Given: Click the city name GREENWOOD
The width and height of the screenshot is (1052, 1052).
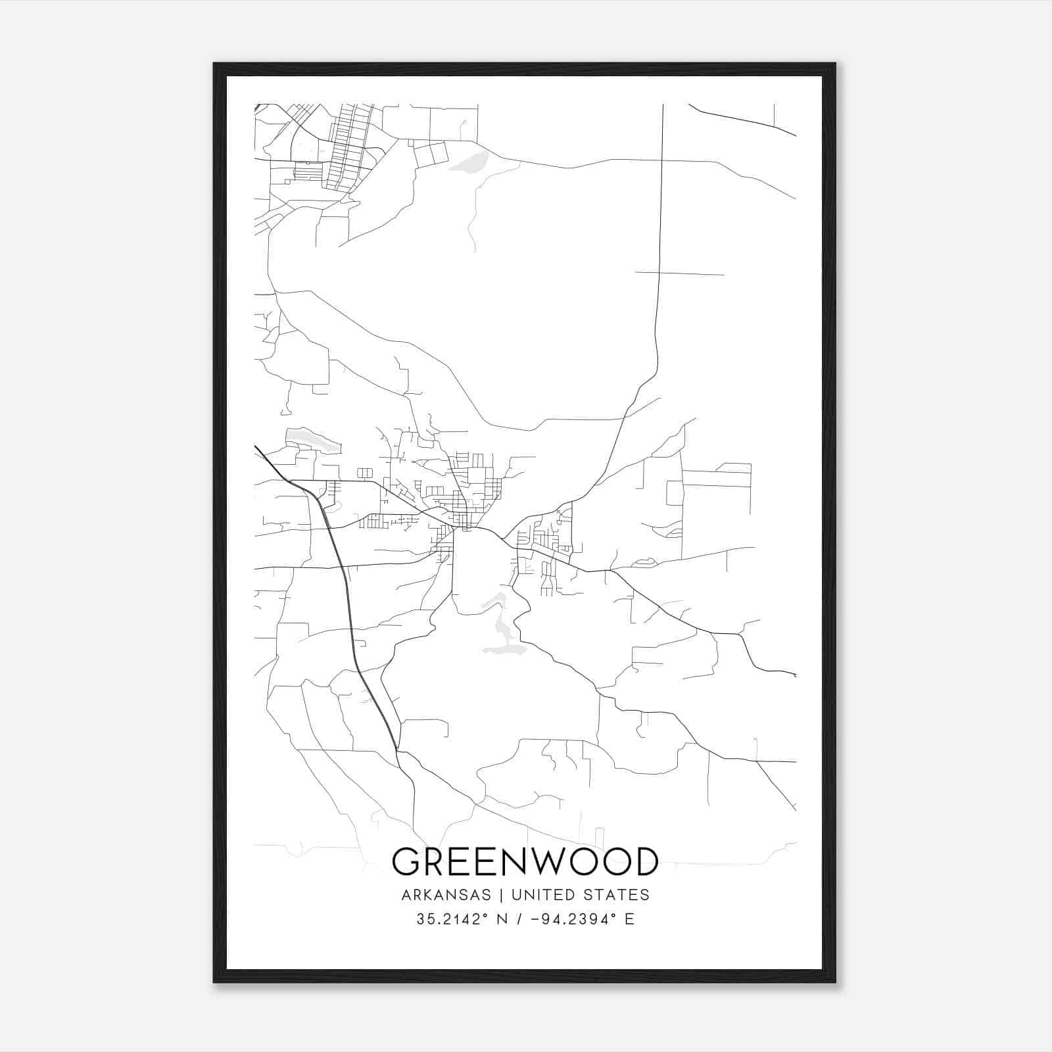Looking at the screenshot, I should click(525, 862).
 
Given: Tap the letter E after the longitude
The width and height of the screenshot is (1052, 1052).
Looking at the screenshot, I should click(630, 919).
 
